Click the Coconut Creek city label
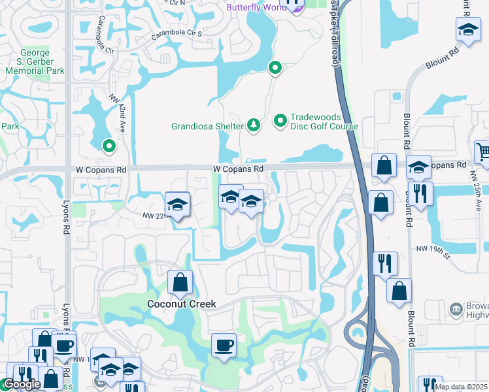pyautogui.click(x=181, y=304)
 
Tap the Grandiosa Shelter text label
pyautogui.click(x=207, y=126)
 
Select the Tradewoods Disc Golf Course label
pyautogui.click(x=316, y=122)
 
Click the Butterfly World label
pyautogui.click(x=256, y=7)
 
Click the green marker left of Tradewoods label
pyautogui.click(x=280, y=120)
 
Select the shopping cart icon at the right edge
pyautogui.click(x=482, y=152)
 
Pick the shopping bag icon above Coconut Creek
pyautogui.click(x=180, y=282)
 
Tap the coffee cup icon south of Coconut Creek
pyautogui.click(x=224, y=344)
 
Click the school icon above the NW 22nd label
pyautogui.click(x=177, y=204)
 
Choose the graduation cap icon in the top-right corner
pyautogui.click(x=467, y=29)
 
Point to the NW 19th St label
pyautogui.click(x=433, y=248)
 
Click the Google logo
pyautogui.click(x=22, y=385)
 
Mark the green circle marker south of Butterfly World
pyautogui.click(x=275, y=67)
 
